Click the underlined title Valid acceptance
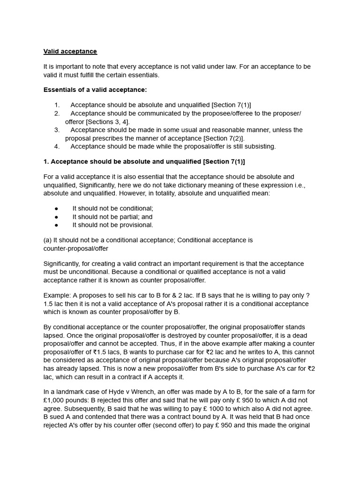click(70, 52)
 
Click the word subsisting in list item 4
click(260, 146)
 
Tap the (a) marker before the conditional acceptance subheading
click(47, 240)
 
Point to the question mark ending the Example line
click(307, 296)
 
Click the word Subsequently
click(65, 408)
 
